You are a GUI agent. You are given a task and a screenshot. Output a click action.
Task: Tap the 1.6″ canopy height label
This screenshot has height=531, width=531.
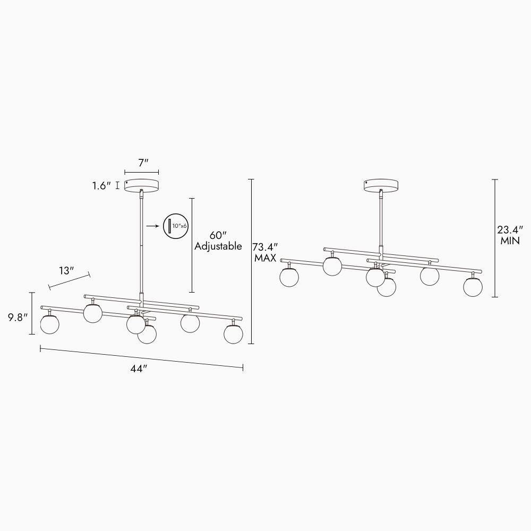tap(101, 185)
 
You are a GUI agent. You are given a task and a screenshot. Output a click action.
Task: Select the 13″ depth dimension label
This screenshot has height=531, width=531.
tap(66, 271)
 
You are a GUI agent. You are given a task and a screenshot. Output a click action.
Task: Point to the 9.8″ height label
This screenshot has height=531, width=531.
tap(18, 318)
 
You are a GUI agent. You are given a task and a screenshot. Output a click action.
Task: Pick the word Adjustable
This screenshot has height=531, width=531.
tap(218, 246)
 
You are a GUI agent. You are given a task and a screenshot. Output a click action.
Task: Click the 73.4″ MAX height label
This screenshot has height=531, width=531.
tap(265, 252)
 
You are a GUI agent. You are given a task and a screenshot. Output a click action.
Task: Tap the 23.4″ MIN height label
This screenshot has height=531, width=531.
tap(510, 235)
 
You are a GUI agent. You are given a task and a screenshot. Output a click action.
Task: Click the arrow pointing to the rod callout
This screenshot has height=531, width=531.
tap(153, 226)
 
